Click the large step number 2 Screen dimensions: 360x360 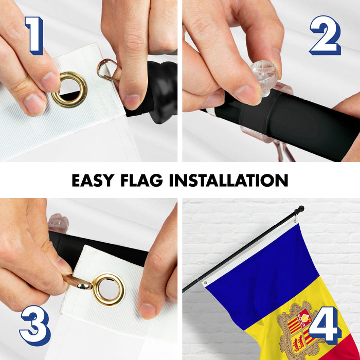click(x=326, y=35)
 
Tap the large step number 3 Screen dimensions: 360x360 click(x=35, y=326)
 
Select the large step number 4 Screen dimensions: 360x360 click(x=325, y=326)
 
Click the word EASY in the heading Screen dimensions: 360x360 click(x=93, y=180)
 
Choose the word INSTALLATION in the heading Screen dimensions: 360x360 click(x=229, y=180)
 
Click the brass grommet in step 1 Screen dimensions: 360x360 click(x=69, y=89)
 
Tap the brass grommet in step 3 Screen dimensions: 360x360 click(x=109, y=289)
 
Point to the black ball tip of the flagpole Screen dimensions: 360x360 click(x=300, y=209)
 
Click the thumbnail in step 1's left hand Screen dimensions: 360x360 click(x=51, y=82)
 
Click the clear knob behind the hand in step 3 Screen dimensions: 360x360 click(x=58, y=223)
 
